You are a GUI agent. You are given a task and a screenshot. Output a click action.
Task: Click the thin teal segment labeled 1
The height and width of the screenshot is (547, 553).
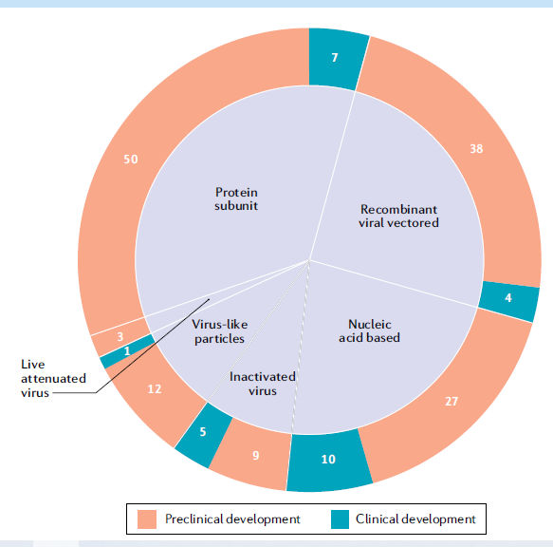tap(127, 351)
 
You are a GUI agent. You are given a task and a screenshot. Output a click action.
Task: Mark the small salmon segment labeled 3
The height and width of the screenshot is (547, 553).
tap(120, 336)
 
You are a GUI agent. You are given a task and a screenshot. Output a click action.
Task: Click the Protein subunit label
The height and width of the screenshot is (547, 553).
tap(236, 198)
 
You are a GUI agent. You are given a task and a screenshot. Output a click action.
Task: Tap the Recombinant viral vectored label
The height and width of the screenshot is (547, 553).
tap(398, 216)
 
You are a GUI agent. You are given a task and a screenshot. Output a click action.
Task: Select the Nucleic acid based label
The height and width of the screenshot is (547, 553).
tap(369, 330)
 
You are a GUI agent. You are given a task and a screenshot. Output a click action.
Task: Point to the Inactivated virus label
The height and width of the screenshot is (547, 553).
tap(263, 384)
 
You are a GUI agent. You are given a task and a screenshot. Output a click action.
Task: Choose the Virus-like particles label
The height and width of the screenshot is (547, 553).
tap(219, 331)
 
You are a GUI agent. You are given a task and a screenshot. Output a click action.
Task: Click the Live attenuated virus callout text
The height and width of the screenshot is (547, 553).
tap(53, 378)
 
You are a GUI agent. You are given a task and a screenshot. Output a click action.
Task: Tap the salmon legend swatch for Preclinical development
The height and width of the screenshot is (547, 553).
tap(147, 519)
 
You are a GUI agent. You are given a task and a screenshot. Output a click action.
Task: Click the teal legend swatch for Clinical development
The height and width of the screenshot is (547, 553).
tap(340, 519)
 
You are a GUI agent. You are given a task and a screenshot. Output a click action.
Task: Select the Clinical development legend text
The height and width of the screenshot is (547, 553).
tap(415, 519)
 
